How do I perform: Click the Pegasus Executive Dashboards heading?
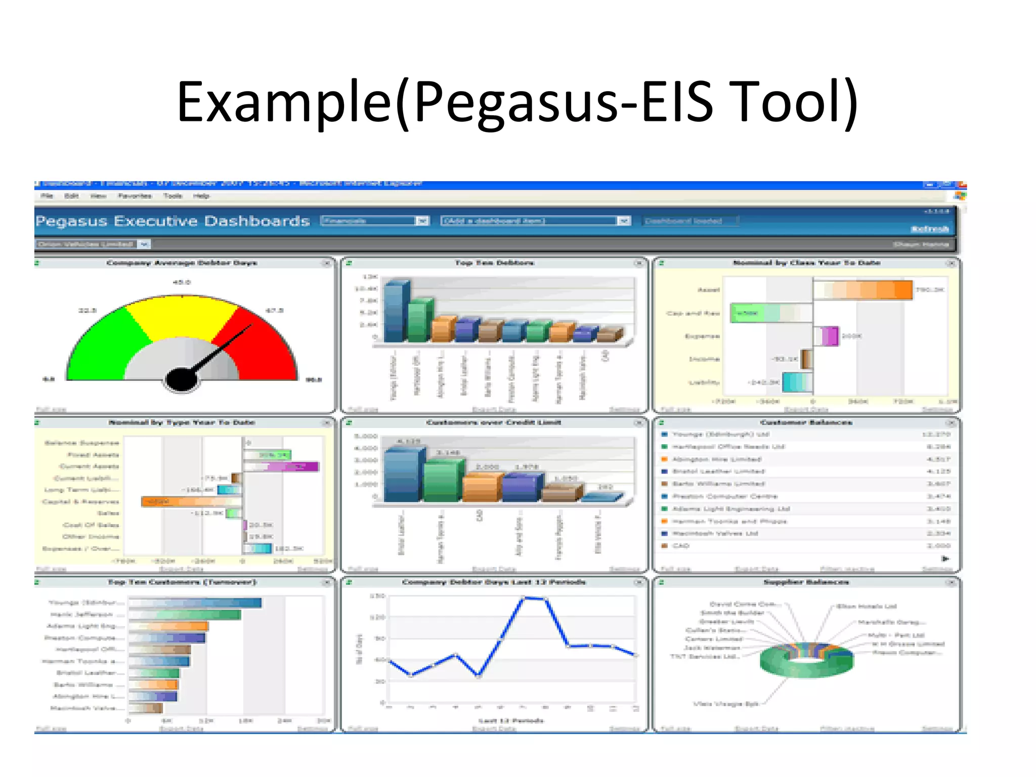(172, 221)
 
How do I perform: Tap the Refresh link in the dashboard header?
(930, 229)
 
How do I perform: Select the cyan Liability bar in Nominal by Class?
(797, 382)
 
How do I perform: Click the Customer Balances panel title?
(806, 422)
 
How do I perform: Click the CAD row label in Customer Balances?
(680, 546)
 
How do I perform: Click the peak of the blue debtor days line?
(526, 598)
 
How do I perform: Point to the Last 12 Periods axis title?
(511, 720)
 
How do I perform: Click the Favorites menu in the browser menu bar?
(135, 196)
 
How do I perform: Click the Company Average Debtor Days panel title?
(182, 263)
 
